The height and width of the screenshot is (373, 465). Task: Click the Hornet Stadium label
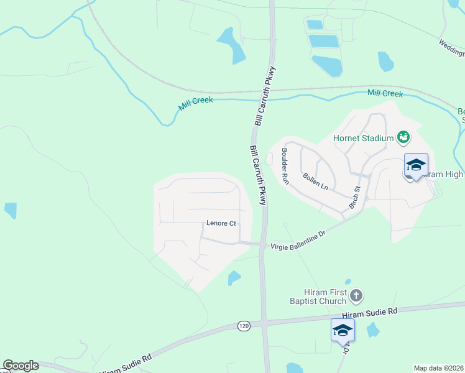[x=363, y=138]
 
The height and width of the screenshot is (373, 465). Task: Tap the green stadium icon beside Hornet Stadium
[x=403, y=136]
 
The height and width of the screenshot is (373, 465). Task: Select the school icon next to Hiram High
[x=416, y=165]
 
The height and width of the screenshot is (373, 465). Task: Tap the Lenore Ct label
[x=221, y=223]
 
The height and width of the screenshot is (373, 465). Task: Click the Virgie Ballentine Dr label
[x=298, y=241]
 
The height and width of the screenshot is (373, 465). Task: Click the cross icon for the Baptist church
[x=356, y=295]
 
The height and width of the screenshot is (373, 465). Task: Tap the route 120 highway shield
[x=244, y=325]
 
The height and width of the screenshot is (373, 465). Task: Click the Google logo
[x=21, y=366]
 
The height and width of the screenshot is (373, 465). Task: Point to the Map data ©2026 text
[x=439, y=368]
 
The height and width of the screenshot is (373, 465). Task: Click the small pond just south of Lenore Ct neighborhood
[x=234, y=277]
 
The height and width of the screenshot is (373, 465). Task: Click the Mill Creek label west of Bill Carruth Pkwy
[x=195, y=104]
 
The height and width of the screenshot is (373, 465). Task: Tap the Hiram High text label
[x=443, y=175]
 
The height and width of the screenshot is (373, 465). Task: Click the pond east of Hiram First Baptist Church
[x=373, y=329]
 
